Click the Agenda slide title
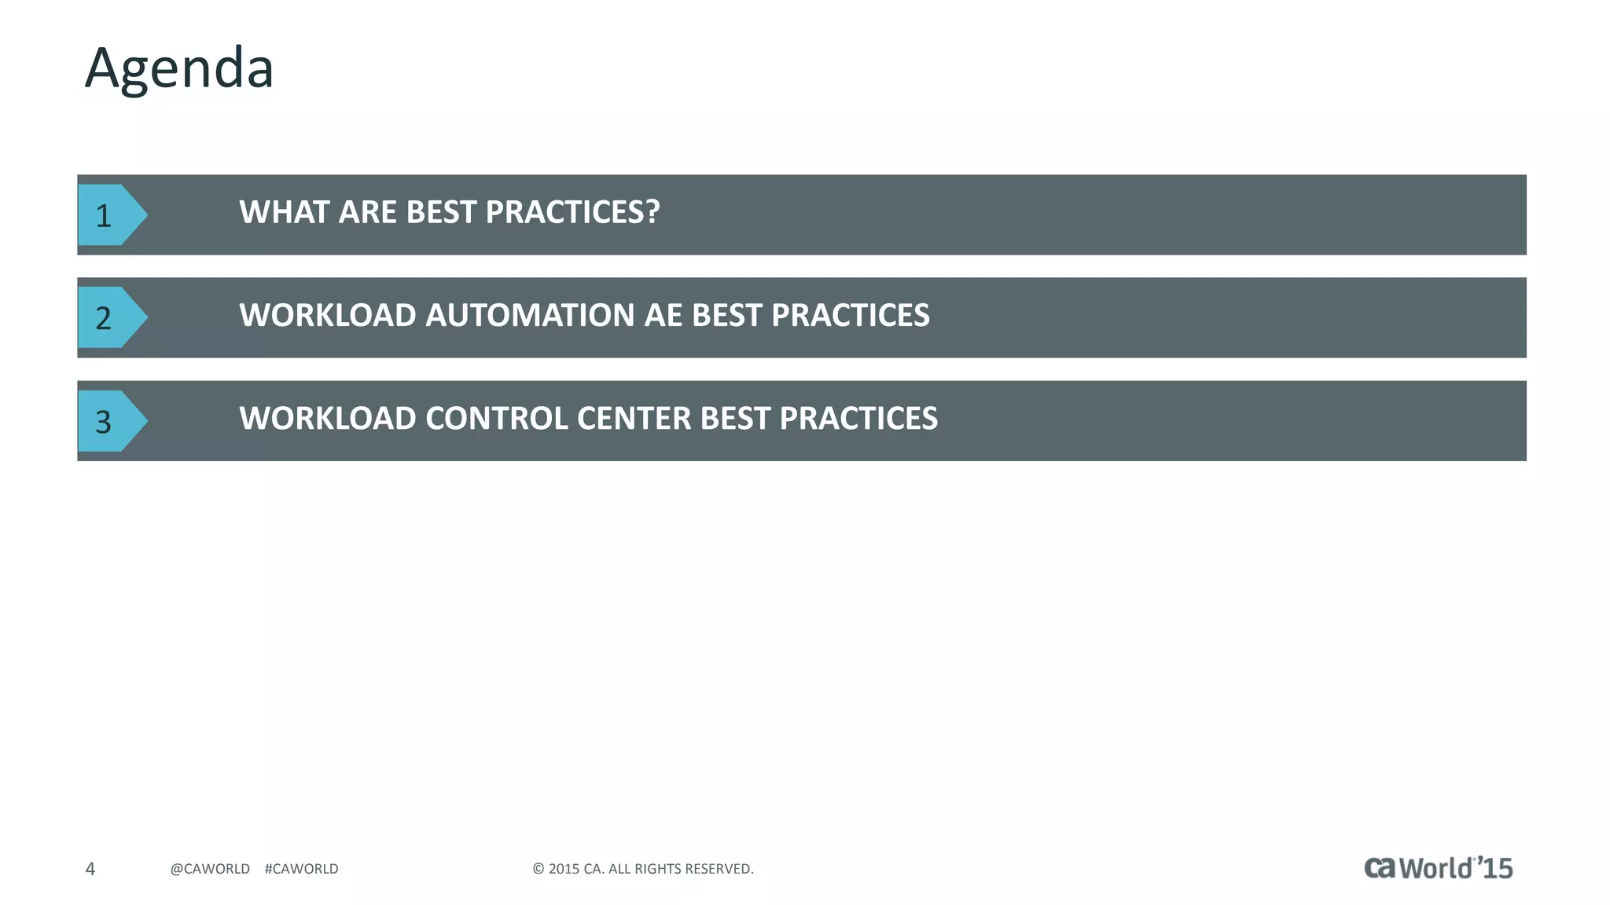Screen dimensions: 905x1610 point(179,69)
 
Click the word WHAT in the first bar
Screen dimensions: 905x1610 point(285,212)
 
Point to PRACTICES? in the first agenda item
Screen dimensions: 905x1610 point(572,212)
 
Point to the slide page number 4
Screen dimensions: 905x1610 point(90,869)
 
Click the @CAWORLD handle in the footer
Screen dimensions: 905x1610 point(210,869)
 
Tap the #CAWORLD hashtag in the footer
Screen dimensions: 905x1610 point(302,869)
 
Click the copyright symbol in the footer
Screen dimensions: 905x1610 point(539,869)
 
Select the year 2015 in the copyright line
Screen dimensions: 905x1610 point(564,869)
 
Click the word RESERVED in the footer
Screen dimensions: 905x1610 point(719,869)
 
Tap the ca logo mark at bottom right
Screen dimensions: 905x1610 point(1380,867)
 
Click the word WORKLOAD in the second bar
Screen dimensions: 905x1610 point(328,315)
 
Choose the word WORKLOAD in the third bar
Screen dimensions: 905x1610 point(328,418)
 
